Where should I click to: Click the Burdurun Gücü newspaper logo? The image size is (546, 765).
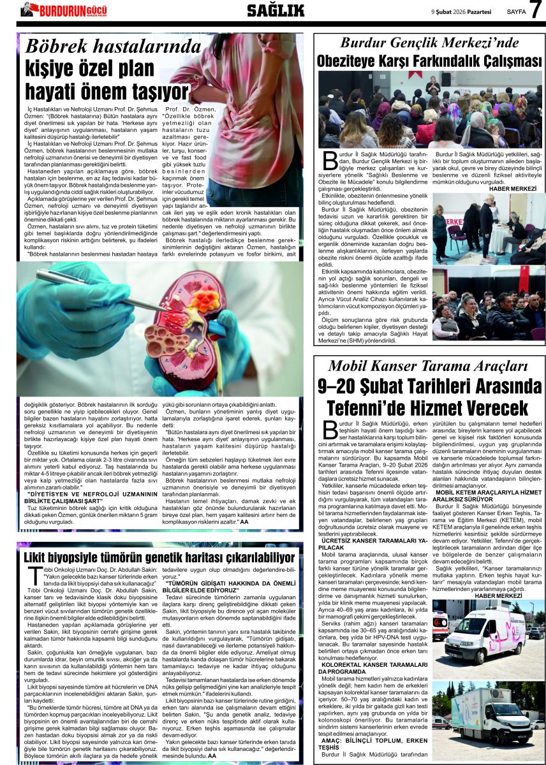64,10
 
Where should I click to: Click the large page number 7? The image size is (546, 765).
535,10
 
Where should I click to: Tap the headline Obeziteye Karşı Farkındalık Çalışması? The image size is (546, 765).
429,61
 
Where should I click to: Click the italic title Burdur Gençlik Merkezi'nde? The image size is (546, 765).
429,43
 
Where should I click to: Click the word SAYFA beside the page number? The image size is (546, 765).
516,11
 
